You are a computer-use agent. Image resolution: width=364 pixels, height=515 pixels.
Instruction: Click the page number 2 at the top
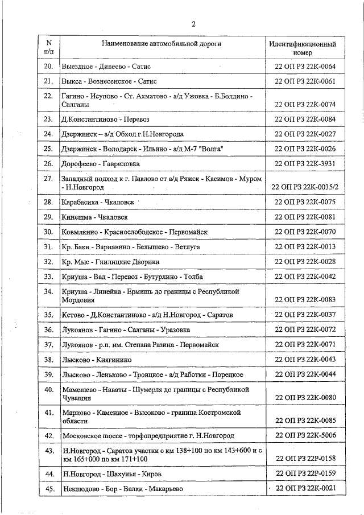193,24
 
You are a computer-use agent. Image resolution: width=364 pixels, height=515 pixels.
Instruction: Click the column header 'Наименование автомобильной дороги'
162,43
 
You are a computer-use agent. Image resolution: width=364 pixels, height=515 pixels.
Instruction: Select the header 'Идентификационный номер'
302,48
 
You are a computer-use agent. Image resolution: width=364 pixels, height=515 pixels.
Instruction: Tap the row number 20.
48,67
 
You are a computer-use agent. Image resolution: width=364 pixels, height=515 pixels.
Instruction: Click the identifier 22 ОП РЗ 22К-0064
305,67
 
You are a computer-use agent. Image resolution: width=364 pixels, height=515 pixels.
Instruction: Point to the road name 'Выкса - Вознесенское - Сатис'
105,82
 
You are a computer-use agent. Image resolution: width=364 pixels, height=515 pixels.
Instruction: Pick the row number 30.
48,232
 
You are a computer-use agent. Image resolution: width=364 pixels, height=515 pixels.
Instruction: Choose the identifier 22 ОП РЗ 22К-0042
305,277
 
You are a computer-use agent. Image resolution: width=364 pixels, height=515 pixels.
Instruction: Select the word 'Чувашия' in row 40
77,398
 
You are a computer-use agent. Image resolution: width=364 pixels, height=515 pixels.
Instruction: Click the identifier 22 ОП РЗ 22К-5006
305,435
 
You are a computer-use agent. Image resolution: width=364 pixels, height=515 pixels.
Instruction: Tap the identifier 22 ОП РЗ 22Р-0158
305,458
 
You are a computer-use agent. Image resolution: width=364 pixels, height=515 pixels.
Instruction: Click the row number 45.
48,488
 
